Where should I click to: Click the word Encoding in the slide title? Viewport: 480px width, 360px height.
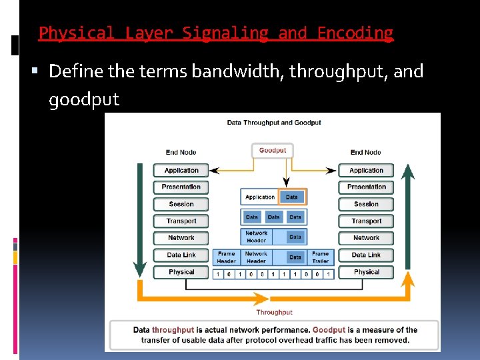[x=355, y=33]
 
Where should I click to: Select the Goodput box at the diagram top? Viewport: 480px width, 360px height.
[x=272, y=151]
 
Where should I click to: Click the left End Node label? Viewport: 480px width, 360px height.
[x=181, y=153]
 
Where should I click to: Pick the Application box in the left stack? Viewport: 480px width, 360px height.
[x=181, y=170]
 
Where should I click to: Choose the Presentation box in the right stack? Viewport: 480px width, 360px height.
[x=366, y=187]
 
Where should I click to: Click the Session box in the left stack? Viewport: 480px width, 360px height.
[x=181, y=204]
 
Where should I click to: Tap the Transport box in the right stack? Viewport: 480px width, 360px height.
[x=366, y=221]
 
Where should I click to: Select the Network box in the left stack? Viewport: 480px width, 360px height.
[x=181, y=238]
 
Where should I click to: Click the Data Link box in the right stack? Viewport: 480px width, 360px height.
[x=366, y=255]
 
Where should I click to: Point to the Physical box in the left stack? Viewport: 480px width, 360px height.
[x=181, y=272]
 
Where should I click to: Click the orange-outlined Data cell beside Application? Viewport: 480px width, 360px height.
[x=292, y=197]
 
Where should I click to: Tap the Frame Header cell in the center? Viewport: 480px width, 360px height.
[x=226, y=257]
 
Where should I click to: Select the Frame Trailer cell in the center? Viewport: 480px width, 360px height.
[x=321, y=257]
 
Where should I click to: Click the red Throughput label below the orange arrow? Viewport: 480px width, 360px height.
[x=274, y=312]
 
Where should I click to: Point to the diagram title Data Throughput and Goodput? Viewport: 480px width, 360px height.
[x=274, y=123]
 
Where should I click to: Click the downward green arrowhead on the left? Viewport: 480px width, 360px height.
[x=140, y=269]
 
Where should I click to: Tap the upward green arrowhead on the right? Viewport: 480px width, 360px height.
[x=408, y=172]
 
